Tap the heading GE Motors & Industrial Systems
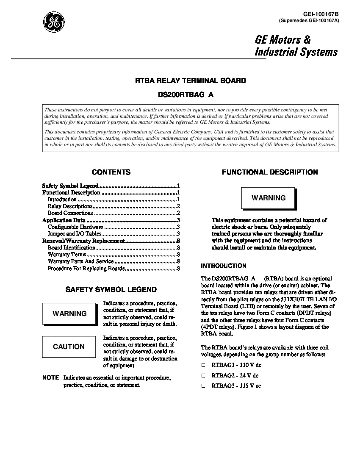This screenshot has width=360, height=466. click(296, 46)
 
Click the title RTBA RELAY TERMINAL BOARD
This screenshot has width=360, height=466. click(190, 80)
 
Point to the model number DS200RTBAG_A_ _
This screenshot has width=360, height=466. click(190, 96)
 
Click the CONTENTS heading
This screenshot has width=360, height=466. click(111, 172)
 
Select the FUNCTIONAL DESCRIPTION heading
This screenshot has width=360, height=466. click(270, 172)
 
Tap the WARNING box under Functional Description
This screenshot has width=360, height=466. click(269, 198)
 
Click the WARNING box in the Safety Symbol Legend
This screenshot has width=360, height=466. click(69, 314)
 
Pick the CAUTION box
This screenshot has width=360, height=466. click(69, 347)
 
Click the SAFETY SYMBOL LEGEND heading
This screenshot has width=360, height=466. click(111, 290)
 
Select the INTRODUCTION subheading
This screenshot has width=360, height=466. click(223, 266)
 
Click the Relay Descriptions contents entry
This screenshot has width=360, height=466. click(70, 206)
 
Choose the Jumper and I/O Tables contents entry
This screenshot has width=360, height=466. click(75, 233)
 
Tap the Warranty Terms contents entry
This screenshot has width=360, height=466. click(67, 255)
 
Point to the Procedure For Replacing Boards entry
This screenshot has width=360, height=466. click(86, 268)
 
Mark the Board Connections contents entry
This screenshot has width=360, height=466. click(70, 213)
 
